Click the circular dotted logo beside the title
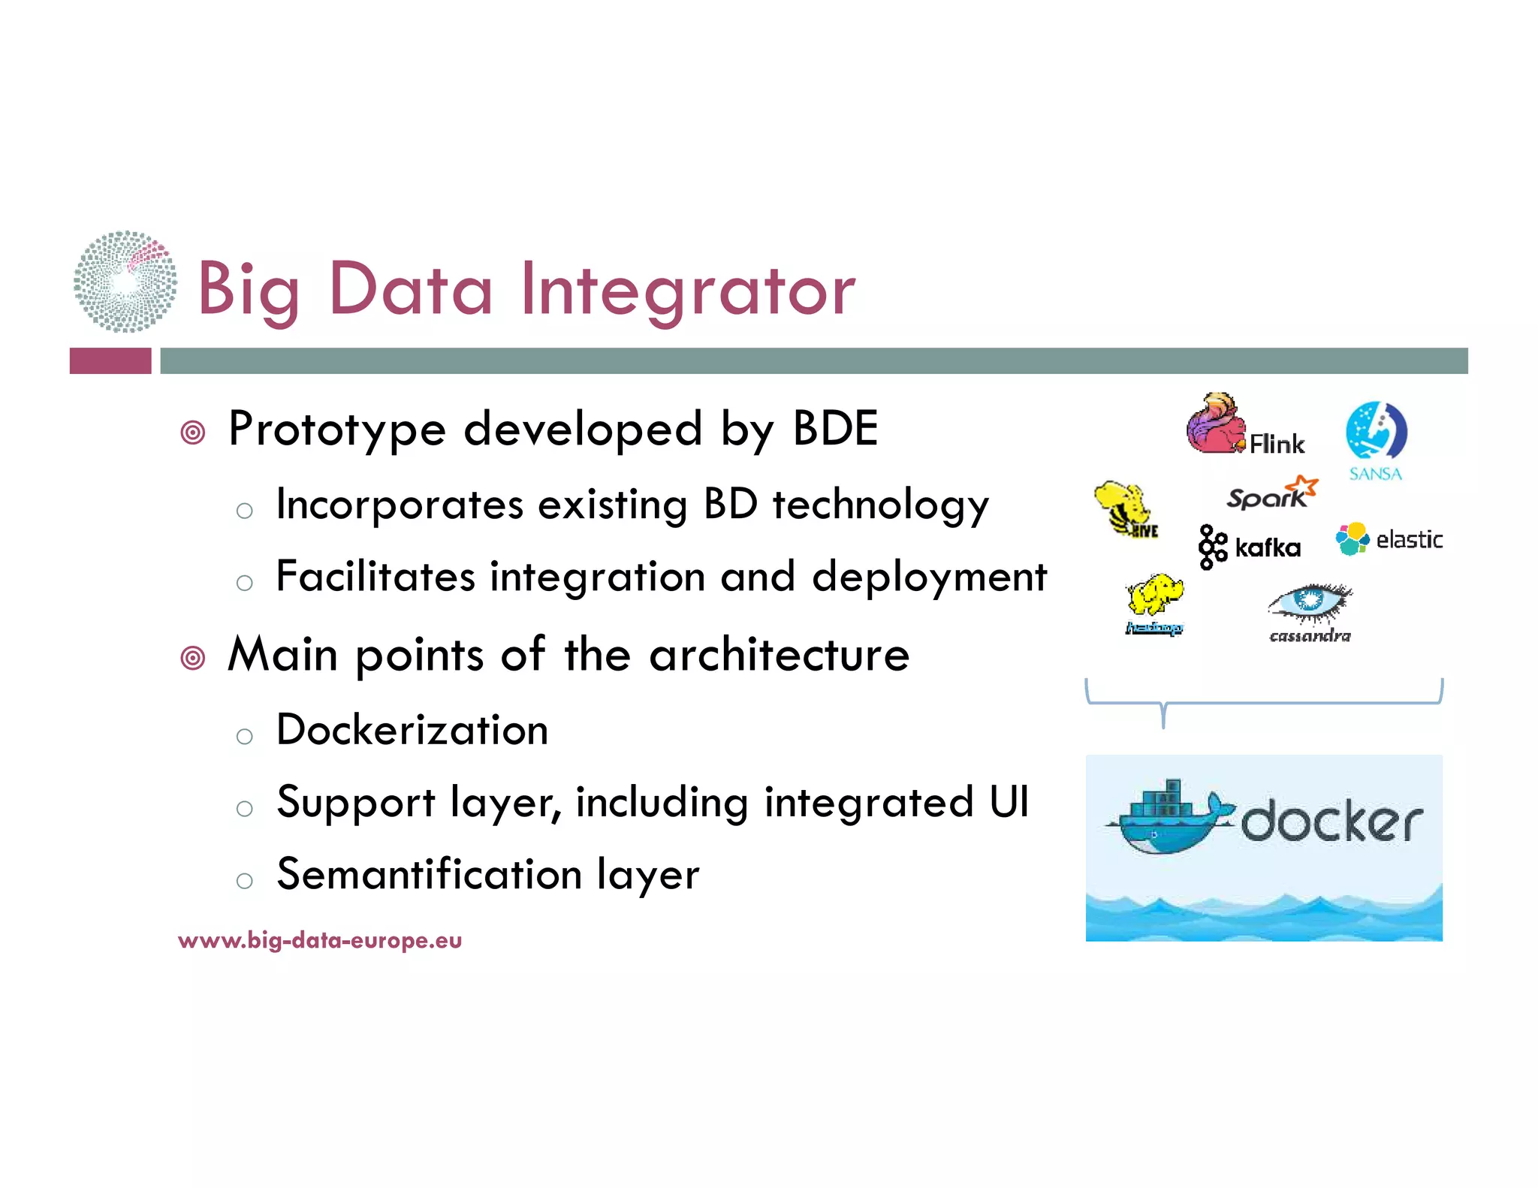(x=125, y=282)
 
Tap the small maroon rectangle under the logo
(x=110, y=361)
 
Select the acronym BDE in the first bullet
(x=835, y=429)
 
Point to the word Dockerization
(x=412, y=730)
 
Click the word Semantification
(x=429, y=875)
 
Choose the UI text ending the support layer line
(x=1009, y=802)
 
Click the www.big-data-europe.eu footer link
(x=320, y=940)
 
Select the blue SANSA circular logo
(x=1376, y=431)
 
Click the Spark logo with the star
(x=1271, y=494)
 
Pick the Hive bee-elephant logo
(x=1125, y=508)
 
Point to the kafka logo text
(x=1268, y=547)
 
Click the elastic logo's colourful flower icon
(x=1352, y=538)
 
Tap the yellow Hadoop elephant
(x=1155, y=596)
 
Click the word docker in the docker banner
(x=1331, y=821)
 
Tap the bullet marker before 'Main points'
(x=193, y=658)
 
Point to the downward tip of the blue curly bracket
(x=1163, y=725)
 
